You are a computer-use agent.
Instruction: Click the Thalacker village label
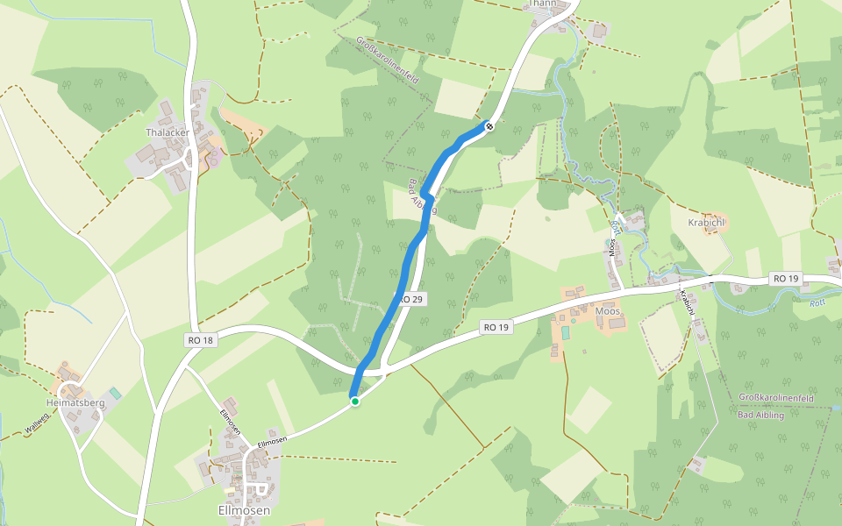point(168,132)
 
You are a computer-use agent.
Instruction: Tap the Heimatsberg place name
point(75,402)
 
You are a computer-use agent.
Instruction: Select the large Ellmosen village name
point(244,510)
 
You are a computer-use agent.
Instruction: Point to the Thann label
point(542,4)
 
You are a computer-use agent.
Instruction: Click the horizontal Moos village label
point(607,311)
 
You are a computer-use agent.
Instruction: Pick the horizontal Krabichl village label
point(708,223)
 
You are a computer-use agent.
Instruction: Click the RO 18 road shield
point(200,339)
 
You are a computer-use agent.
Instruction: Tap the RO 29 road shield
point(411,300)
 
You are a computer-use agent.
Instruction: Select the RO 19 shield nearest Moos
point(496,327)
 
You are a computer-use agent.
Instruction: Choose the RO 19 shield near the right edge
point(786,278)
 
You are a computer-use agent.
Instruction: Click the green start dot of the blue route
point(355,402)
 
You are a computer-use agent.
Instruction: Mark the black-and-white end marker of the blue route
point(489,126)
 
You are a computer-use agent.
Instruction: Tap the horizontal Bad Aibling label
point(761,415)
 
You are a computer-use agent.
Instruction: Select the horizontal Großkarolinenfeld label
point(776,398)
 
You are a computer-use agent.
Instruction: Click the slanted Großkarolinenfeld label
point(388,60)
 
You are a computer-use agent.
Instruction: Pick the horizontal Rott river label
point(817,302)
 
